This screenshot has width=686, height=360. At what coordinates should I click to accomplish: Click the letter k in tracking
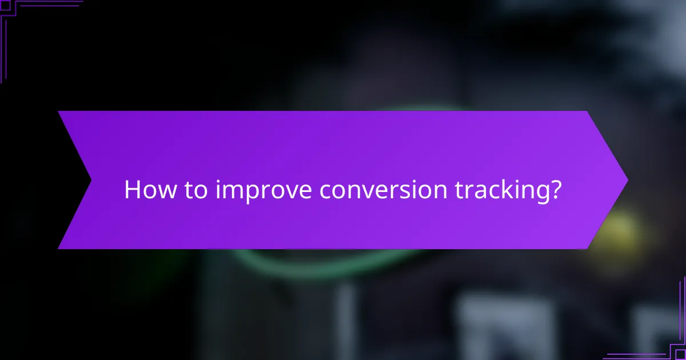pyautogui.click(x=511, y=190)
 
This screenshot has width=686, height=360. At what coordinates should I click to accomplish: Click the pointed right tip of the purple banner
pyautogui.click(x=627, y=180)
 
